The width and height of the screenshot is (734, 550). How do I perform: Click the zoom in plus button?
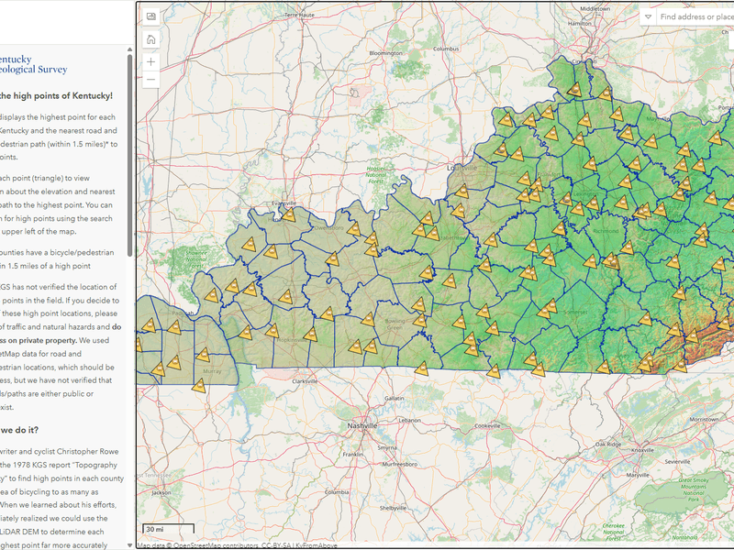[150, 61]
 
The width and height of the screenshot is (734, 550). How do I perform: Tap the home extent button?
[150, 38]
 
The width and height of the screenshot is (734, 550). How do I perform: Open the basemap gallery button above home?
[150, 16]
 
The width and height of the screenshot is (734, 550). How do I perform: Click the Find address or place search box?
[695, 16]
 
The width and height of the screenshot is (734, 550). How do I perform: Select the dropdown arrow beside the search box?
[648, 16]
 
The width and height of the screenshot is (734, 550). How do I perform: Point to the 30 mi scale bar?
[168, 530]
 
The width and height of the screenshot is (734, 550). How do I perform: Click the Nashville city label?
[343, 426]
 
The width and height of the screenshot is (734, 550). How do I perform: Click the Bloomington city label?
[386, 53]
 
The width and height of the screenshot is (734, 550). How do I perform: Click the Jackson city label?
[161, 492]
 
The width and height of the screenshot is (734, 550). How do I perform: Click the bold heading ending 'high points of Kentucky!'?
[57, 95]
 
